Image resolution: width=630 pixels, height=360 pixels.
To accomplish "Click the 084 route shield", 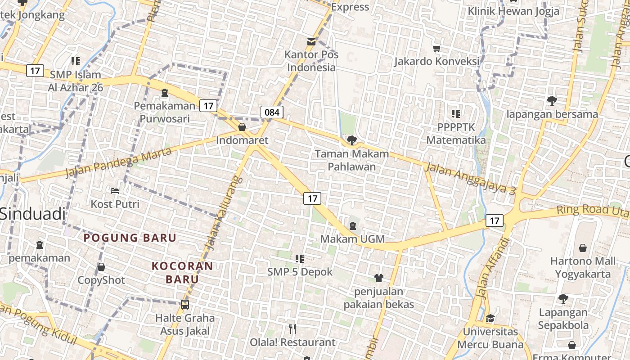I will click(272, 112).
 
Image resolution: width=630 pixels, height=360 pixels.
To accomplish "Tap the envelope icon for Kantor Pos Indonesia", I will click(311, 42).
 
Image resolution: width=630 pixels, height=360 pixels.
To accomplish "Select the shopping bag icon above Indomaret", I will click(242, 127).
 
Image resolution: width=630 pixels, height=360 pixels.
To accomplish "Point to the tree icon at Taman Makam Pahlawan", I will click(352, 140).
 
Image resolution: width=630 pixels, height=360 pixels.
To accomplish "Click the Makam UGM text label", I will click(352, 239).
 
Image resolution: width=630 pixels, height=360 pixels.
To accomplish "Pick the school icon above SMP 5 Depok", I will click(300, 258).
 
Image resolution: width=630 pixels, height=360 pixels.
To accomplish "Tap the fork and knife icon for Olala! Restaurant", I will click(292, 329).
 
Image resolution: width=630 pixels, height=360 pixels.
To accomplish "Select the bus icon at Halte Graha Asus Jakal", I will click(185, 304).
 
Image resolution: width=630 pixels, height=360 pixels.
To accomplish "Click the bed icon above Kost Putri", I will click(115, 191).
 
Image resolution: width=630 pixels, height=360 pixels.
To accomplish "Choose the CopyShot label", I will click(101, 280).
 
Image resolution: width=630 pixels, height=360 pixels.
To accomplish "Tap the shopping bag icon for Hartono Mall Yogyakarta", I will click(583, 247).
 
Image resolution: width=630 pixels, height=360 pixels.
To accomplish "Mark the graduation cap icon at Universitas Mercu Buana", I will click(490, 318).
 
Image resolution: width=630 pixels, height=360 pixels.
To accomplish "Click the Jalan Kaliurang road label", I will click(224, 212).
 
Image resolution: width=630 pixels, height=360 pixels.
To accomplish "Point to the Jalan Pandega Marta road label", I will click(118, 162).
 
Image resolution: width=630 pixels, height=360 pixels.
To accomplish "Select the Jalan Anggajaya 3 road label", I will click(470, 179).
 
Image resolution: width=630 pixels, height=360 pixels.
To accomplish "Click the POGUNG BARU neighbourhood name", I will click(130, 238).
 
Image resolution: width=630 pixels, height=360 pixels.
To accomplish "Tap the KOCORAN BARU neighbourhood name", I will click(182, 272).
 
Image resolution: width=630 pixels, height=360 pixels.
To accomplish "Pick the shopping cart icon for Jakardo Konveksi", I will click(436, 48).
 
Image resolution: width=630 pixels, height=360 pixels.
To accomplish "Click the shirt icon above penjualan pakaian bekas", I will click(379, 278).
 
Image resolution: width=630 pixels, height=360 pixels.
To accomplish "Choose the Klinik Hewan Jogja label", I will click(513, 11).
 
